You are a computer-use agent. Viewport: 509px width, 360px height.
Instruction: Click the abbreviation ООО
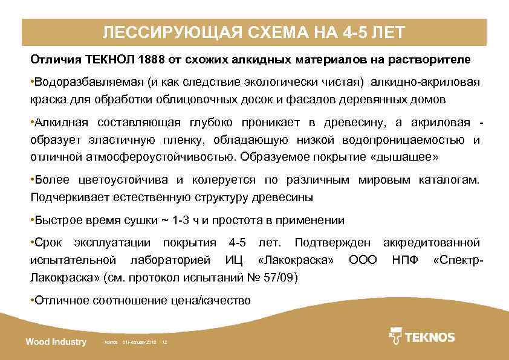pyautogui.click(x=363, y=260)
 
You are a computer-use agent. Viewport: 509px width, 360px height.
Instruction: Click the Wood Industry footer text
pyautogui.click(x=56, y=342)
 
